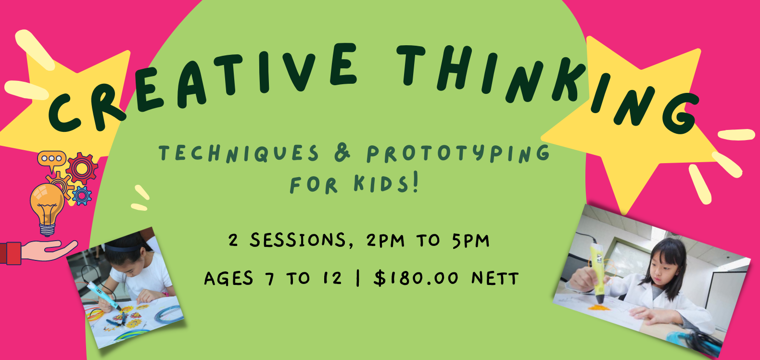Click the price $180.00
click(x=416, y=278)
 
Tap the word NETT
click(x=495, y=278)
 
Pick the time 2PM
click(x=385, y=240)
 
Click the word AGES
click(x=228, y=278)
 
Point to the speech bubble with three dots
click(x=51, y=159)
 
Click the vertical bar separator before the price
click(x=358, y=278)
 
